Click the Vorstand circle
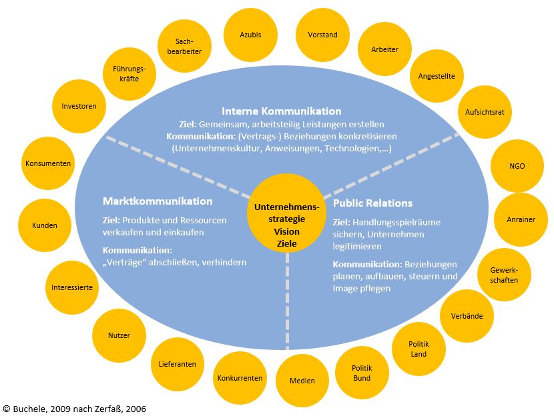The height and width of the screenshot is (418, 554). pyautogui.click(x=322, y=35)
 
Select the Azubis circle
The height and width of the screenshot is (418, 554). pyautogui.click(x=250, y=35)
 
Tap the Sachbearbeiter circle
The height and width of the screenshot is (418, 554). pyautogui.click(x=184, y=46)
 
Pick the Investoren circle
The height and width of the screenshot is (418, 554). pyautogui.click(x=79, y=106)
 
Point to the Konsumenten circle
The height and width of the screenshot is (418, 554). pyautogui.click(x=48, y=163)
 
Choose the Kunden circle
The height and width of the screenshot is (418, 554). pyautogui.click(x=45, y=225)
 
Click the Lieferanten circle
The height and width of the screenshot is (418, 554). pyautogui.click(x=178, y=364)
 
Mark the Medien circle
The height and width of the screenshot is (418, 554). pyautogui.click(x=302, y=381)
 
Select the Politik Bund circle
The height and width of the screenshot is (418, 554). pyautogui.click(x=362, y=373)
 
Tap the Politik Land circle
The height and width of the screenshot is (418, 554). pyautogui.click(x=419, y=349)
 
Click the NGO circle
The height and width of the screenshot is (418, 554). pyautogui.click(x=517, y=165)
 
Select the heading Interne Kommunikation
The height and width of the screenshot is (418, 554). pyautogui.click(x=281, y=111)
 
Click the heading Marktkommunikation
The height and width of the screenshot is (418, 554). pyautogui.click(x=158, y=201)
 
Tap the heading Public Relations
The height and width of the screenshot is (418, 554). pyautogui.click(x=372, y=203)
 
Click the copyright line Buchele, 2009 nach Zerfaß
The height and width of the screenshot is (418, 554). pyautogui.click(x=74, y=408)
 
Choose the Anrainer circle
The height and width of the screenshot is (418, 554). pyautogui.click(x=520, y=219)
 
